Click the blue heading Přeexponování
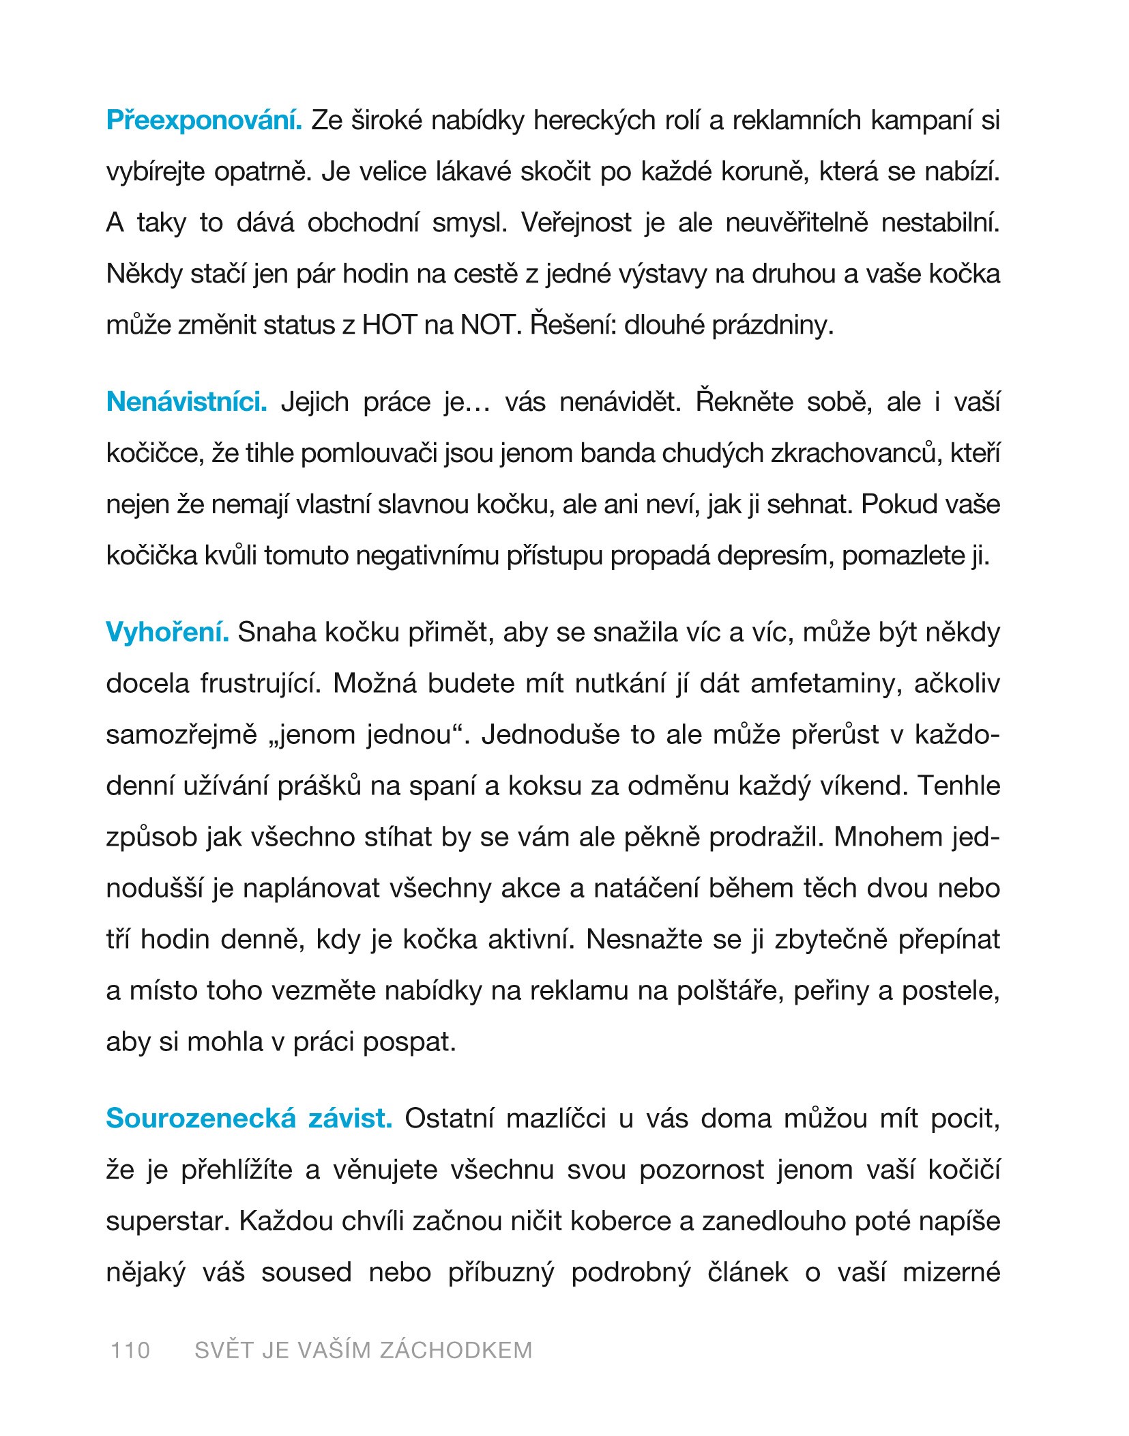[204, 121]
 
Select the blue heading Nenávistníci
[186, 402]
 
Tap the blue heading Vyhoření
[167, 633]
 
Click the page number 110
[130, 1350]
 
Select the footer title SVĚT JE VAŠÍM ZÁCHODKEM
[363, 1350]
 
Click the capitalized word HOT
[389, 326]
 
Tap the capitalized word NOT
[487, 326]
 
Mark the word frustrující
[260, 684]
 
